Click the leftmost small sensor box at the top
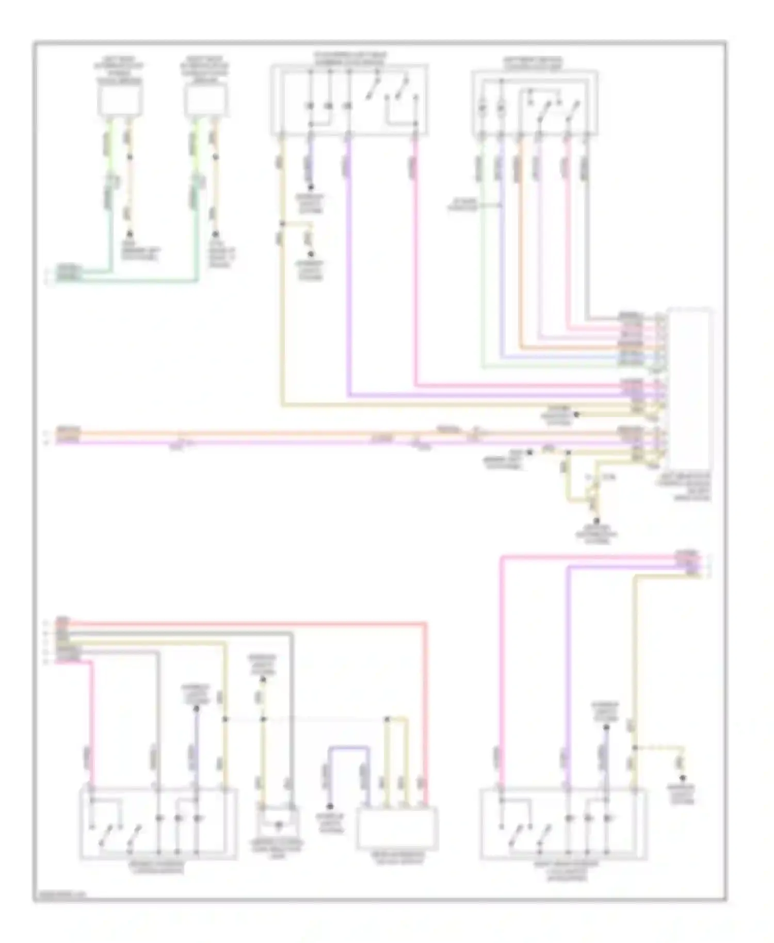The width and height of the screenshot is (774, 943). [x=120, y=100]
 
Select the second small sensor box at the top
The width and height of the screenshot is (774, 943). [x=206, y=100]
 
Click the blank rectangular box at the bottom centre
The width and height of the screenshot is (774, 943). [x=398, y=828]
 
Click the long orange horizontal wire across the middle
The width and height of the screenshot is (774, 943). [x=310, y=434]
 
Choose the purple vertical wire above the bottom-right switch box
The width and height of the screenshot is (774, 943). [x=568, y=671]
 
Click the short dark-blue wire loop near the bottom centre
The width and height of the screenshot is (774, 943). [x=349, y=747]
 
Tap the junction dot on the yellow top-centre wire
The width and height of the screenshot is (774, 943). [x=282, y=223]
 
